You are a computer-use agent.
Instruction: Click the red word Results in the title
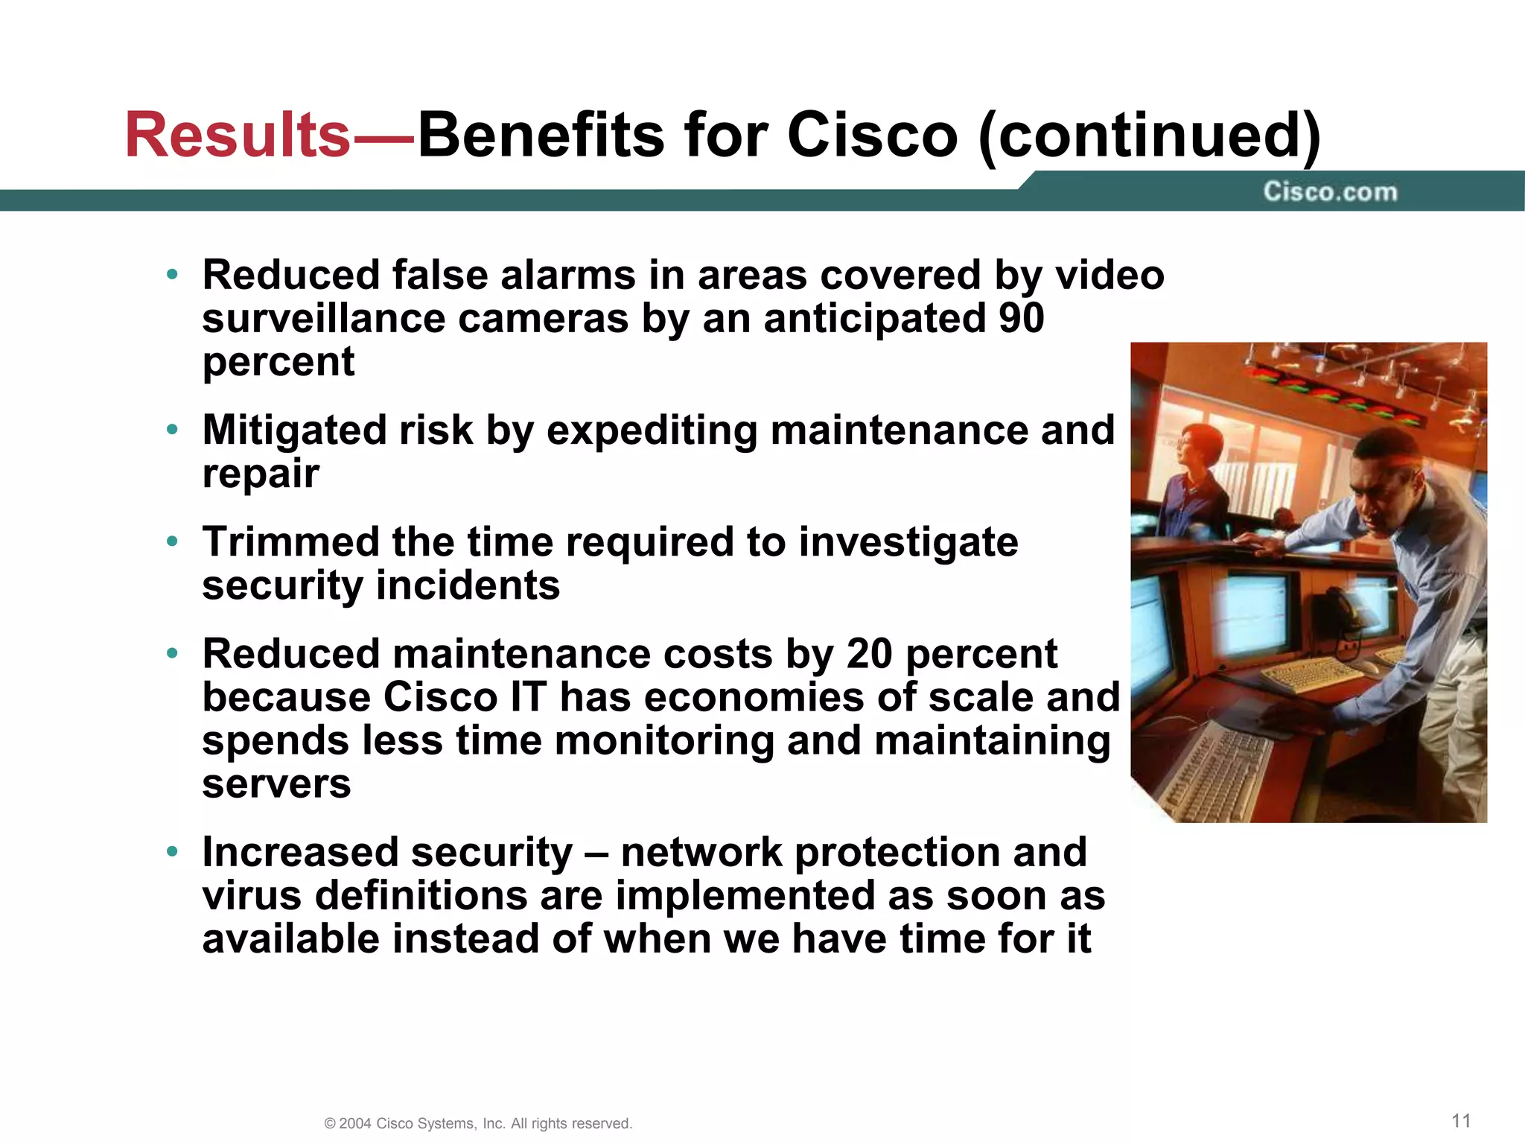(237, 136)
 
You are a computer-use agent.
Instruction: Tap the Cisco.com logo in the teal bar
(1330, 192)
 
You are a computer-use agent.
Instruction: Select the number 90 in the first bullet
(1021, 319)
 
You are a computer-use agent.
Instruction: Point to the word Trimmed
(290, 541)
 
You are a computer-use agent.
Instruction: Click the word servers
(276, 784)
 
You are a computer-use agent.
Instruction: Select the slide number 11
(1461, 1121)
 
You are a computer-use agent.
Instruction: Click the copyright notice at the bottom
(478, 1123)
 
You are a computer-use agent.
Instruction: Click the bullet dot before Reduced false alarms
(173, 275)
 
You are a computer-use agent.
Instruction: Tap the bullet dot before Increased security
(173, 851)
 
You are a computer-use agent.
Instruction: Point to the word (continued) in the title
(1149, 136)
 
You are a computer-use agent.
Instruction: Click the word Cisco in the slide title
(872, 136)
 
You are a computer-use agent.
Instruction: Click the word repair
(261, 474)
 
